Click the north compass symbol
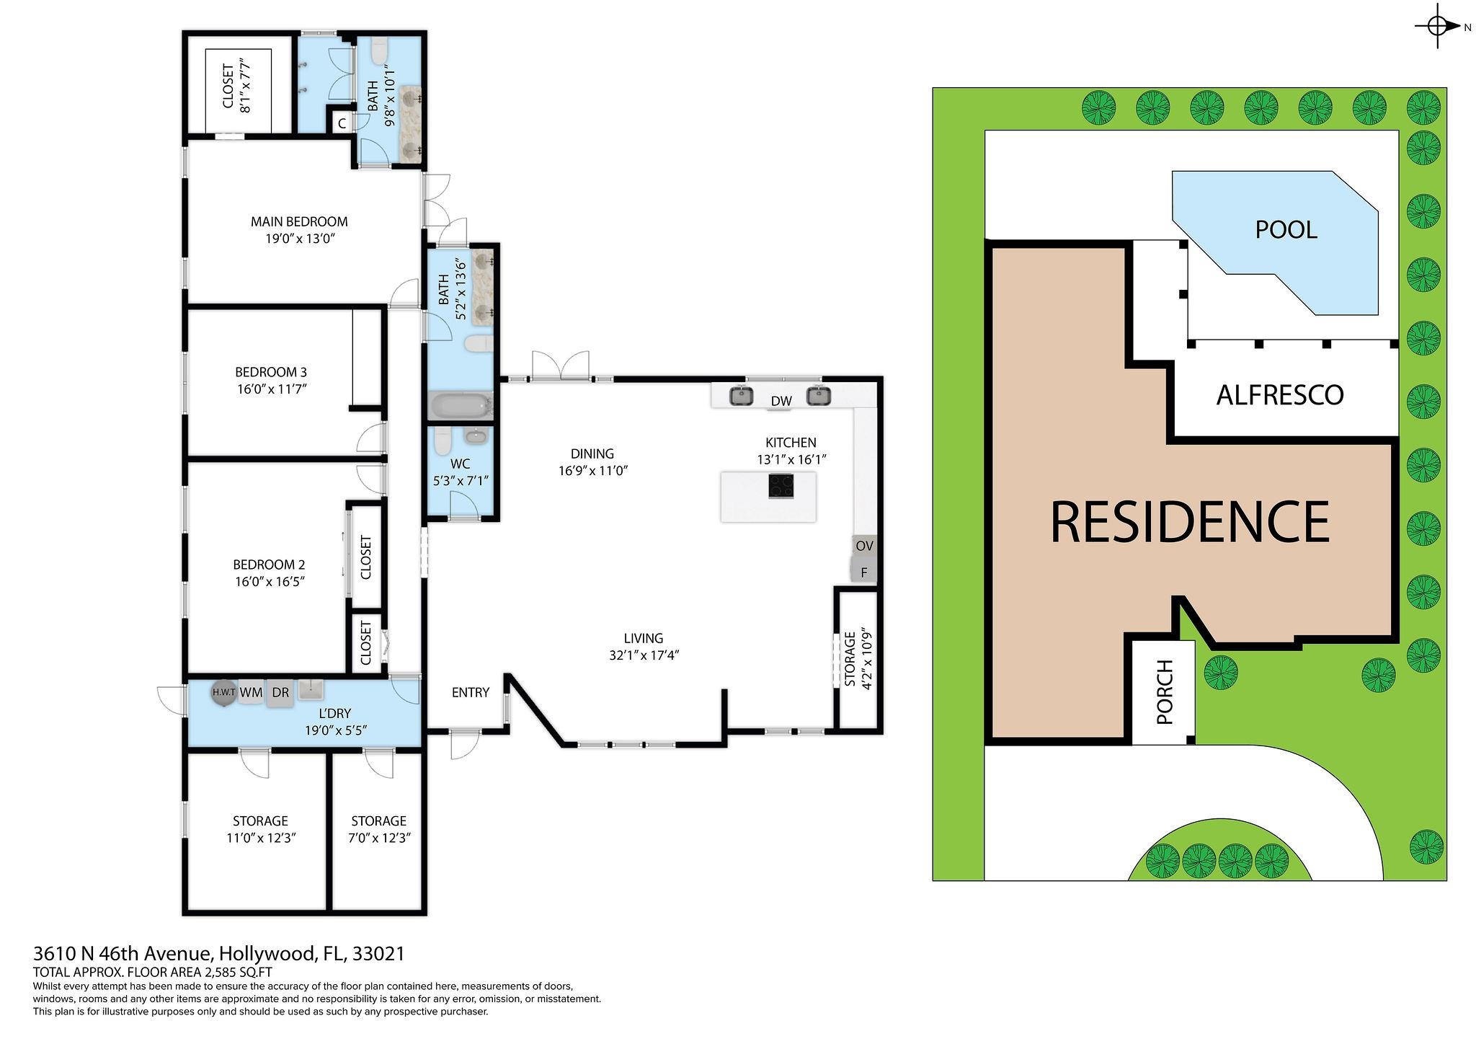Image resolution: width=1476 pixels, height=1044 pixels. tap(1439, 27)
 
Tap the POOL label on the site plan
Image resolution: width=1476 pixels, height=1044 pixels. tap(1286, 229)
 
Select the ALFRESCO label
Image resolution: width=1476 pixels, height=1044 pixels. tap(1280, 394)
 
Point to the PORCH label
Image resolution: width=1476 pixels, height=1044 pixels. tap(1165, 692)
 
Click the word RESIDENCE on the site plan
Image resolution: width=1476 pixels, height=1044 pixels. tap(1190, 521)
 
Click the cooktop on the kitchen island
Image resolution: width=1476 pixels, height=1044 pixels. tap(781, 486)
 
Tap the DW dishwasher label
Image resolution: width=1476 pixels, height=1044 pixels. tap(781, 401)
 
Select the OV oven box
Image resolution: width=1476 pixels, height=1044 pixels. tap(865, 547)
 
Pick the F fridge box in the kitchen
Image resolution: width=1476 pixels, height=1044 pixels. tap(865, 572)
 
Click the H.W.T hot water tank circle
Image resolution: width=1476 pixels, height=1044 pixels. tap(223, 692)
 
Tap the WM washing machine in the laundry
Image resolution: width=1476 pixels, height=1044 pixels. tap(251, 693)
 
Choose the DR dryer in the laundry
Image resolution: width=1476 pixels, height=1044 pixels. tap(280, 693)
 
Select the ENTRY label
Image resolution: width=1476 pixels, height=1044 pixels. tap(471, 692)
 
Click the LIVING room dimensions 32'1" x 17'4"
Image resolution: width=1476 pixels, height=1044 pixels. tap(644, 655)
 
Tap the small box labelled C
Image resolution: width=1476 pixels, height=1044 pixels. tap(342, 123)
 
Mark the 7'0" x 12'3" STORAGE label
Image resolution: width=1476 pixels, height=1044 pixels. tap(379, 829)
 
